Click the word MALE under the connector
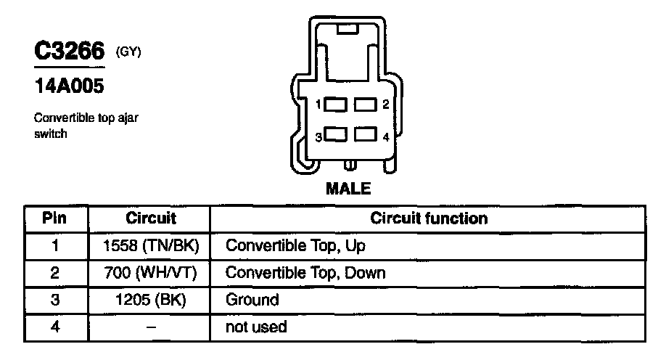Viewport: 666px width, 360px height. coord(348,189)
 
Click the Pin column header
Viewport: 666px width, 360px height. coord(55,218)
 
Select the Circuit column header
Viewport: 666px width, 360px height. coord(150,218)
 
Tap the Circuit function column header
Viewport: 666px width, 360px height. coord(429,218)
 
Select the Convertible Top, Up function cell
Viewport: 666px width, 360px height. coord(295,245)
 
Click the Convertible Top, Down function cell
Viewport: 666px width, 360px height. coord(305,273)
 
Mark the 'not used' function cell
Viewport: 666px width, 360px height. coord(256,327)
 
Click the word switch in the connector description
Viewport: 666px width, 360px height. coord(51,134)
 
